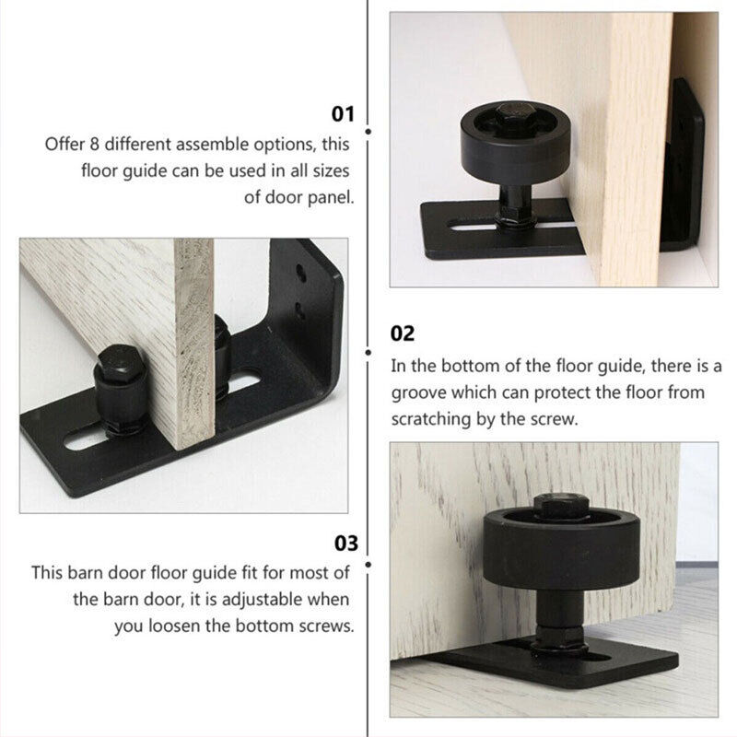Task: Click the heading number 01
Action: (x=343, y=114)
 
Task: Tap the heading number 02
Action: (x=403, y=333)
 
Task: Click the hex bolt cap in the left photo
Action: (x=117, y=366)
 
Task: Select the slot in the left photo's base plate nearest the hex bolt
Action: (x=88, y=439)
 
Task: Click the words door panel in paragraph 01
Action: (x=312, y=197)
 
